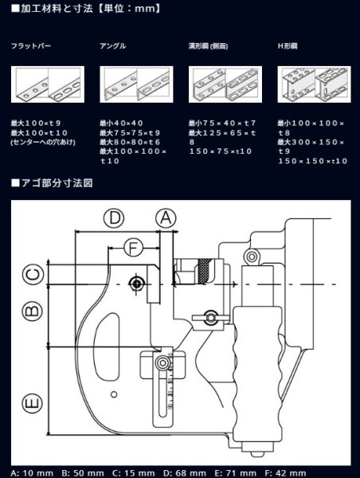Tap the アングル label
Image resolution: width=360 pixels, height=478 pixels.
[x=112, y=47]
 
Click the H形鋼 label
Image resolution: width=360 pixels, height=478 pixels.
[x=288, y=47]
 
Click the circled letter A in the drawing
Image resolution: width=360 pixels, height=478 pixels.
[x=164, y=217]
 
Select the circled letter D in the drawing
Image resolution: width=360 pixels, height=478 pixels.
[x=116, y=217]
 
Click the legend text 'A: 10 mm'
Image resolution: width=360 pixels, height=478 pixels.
[x=31, y=472]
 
